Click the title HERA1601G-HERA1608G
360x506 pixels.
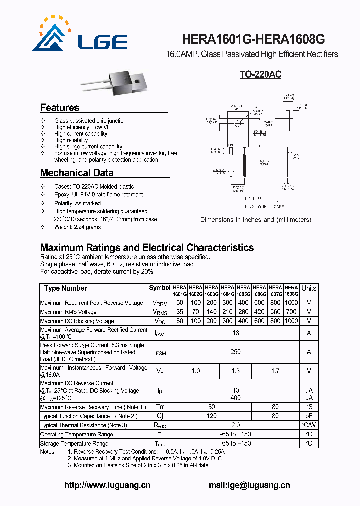click(254, 39)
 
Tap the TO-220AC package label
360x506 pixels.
click(260, 75)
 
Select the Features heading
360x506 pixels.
click(59, 108)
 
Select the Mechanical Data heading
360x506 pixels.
click(77, 173)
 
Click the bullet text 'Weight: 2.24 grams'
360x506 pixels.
click(77, 227)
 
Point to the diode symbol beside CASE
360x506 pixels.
click(264, 206)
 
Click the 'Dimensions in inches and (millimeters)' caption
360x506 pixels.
click(255, 220)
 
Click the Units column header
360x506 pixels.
click(309, 288)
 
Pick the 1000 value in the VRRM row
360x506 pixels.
click(291, 303)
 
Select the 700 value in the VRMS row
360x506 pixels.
click(291, 312)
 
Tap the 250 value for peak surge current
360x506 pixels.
click(235, 352)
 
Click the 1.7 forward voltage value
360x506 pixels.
click(275, 371)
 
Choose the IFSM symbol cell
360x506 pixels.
click(160, 352)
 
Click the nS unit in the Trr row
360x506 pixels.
click(309, 407)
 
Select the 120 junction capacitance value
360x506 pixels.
click(211, 416)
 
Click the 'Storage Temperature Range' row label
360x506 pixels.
click(74, 443)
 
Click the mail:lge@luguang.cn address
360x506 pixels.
click(249, 485)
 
